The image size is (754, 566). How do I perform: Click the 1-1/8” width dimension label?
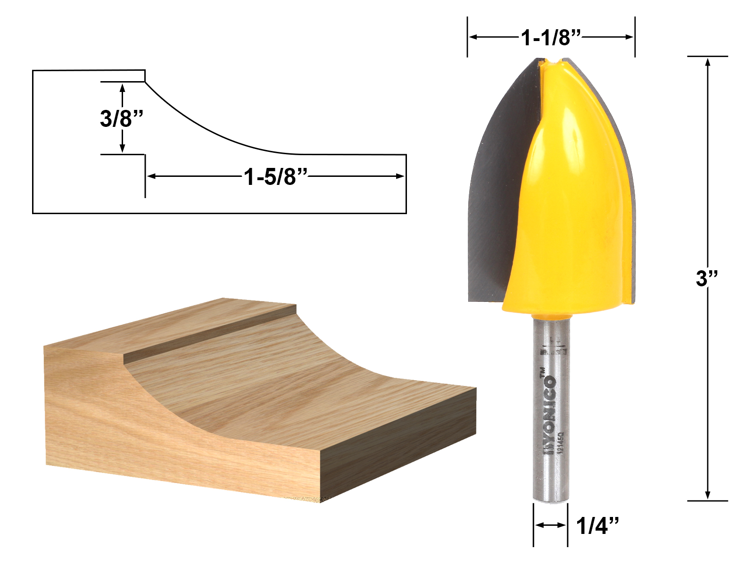550,37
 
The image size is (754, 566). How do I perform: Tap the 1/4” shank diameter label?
597,525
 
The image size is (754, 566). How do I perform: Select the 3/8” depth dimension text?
121,118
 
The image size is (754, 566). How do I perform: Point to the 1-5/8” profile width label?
275,176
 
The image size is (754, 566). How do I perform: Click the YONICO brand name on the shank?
549,410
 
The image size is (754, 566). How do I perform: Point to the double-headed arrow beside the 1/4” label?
550,525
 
